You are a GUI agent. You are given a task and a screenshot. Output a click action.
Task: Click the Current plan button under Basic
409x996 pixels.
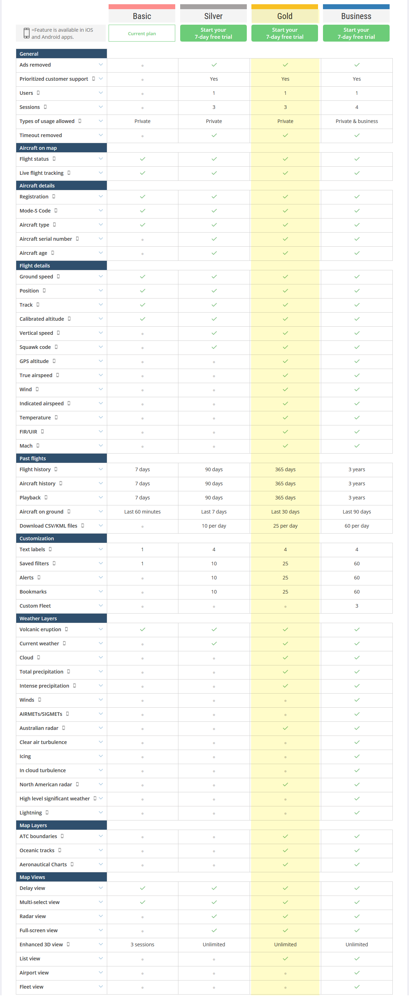(x=142, y=33)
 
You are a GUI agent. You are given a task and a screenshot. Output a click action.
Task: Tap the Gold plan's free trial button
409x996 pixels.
(x=285, y=33)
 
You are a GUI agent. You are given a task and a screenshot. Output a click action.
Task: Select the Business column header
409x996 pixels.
(x=356, y=16)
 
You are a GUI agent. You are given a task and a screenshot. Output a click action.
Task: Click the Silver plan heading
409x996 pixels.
(x=213, y=16)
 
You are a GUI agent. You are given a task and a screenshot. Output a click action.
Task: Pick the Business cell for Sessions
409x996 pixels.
(x=356, y=107)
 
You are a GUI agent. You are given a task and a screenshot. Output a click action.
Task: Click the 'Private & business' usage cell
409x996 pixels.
(x=356, y=121)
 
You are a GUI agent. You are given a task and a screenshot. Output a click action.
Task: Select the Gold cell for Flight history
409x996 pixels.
(x=285, y=469)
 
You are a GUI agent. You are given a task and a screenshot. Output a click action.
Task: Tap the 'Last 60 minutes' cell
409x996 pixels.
(x=142, y=511)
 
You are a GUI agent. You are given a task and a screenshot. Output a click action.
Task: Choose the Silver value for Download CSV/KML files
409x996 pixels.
(x=214, y=526)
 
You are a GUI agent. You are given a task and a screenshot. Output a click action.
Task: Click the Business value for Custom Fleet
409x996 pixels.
(x=356, y=606)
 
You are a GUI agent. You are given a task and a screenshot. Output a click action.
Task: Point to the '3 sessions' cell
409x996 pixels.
(x=142, y=944)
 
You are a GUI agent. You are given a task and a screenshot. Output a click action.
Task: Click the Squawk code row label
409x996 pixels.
(x=35, y=347)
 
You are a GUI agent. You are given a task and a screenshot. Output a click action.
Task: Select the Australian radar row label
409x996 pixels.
(x=39, y=728)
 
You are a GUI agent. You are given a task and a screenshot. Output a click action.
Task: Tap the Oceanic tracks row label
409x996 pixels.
(x=37, y=850)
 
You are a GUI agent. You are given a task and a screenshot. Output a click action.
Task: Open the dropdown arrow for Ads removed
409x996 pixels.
(x=100, y=64)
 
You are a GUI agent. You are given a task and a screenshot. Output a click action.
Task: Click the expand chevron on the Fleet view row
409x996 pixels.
(x=100, y=986)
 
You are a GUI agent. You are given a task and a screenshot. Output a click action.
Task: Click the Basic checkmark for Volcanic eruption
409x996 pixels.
(x=142, y=629)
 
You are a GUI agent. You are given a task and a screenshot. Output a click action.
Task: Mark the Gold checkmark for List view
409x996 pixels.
(x=285, y=959)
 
